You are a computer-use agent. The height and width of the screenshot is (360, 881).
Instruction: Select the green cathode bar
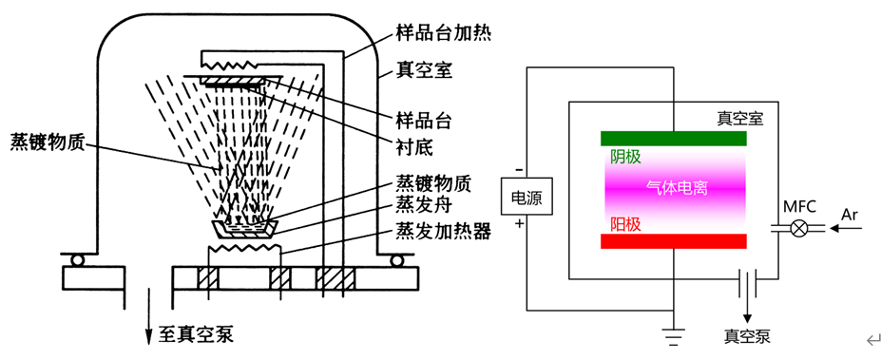tap(673, 139)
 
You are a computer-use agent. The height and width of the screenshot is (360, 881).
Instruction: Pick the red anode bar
tap(673, 242)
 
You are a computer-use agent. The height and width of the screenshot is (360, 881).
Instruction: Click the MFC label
tap(799, 205)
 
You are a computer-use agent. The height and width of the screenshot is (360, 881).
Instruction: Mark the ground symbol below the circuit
tap(673, 333)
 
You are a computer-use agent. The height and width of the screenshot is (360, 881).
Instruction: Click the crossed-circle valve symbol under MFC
tap(799, 228)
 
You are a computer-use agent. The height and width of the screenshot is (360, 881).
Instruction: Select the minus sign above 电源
tap(518, 170)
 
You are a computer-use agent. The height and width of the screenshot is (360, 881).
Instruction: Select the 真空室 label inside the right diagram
tap(739, 119)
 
